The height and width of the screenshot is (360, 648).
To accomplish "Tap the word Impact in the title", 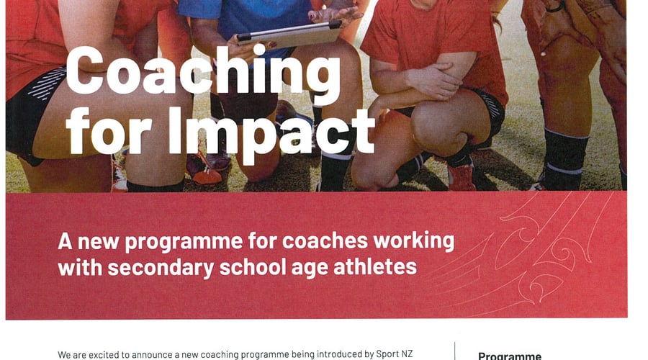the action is click(271, 132).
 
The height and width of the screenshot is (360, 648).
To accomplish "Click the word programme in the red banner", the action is click(184, 242).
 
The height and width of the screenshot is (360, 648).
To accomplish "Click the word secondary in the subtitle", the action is click(161, 269).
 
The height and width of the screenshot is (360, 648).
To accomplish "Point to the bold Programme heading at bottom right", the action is click(510, 356).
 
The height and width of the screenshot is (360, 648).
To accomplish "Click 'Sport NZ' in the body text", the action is click(395, 354).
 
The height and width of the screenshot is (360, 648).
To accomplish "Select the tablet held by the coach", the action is click(289, 34).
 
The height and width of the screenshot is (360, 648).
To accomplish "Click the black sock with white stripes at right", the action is click(564, 158).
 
